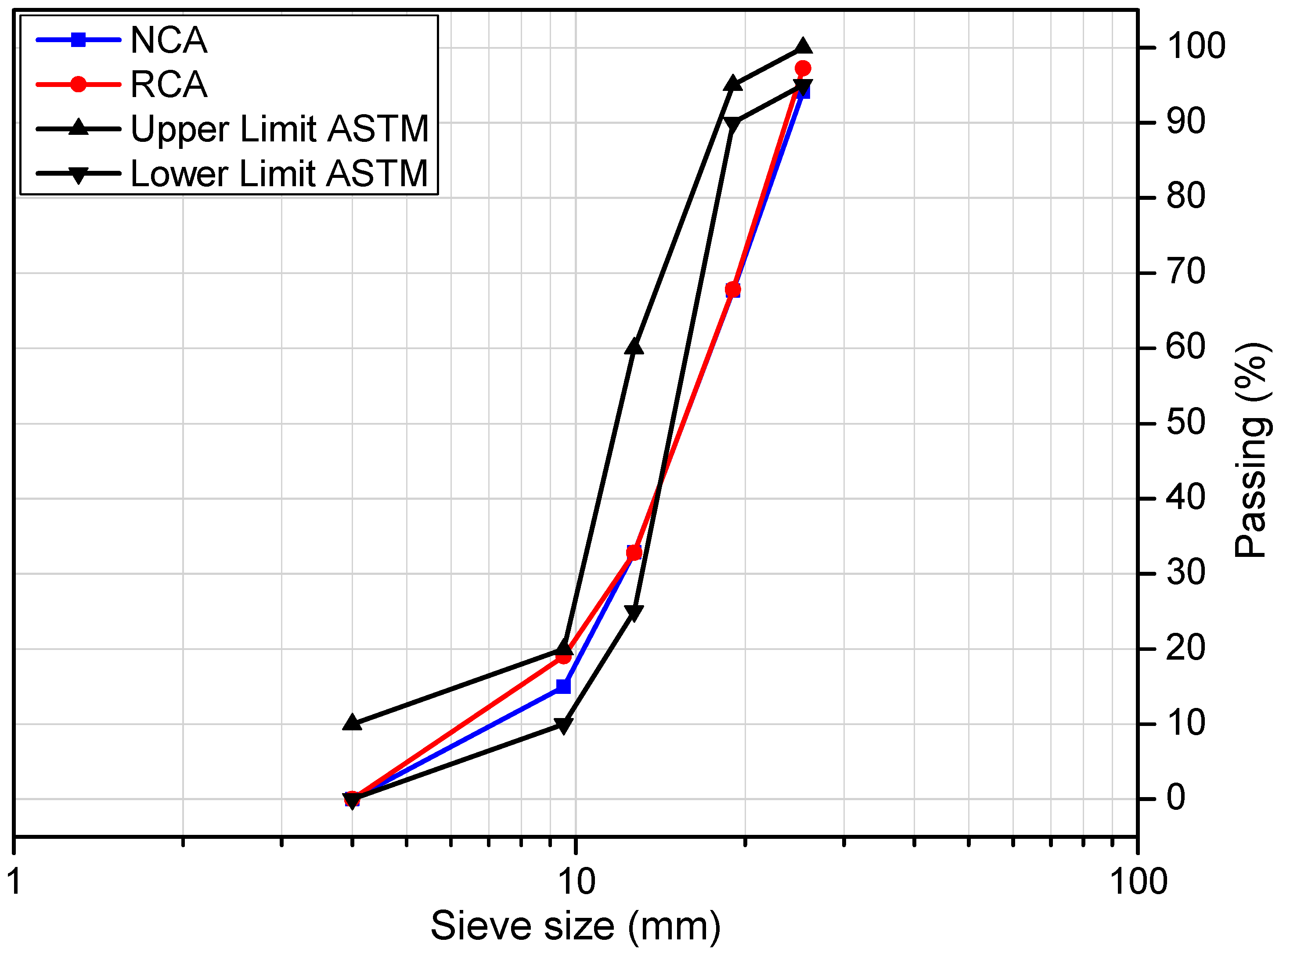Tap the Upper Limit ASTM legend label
tap(279, 129)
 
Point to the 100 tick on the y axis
tap(1196, 46)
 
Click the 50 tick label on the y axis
tap(1186, 423)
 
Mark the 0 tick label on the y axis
tap(1176, 799)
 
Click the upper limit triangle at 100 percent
tap(803, 46)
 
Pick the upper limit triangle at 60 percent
tap(634, 347)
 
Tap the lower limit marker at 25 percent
tap(634, 612)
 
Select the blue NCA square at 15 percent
tap(563, 686)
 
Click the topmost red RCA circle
tap(803, 68)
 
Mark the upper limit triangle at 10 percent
tap(352, 723)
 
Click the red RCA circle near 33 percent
tap(634, 552)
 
